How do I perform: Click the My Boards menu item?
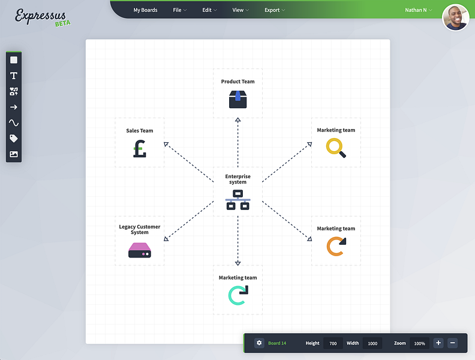145,10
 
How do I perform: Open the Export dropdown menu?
275,10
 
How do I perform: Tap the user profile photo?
456,17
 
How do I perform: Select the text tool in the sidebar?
14,76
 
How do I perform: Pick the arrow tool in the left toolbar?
14,107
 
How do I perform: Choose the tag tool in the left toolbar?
14,139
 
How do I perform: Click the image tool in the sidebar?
14,154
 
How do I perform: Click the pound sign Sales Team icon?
140,149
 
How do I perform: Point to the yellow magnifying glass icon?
336,148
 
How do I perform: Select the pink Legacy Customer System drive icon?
140,250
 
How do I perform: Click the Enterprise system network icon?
238,200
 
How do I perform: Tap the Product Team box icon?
238,100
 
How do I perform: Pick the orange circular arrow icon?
336,247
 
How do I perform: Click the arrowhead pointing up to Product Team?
238,120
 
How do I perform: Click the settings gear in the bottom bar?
259,343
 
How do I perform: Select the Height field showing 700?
333,343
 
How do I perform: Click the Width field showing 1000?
372,343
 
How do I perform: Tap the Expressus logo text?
41,16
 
